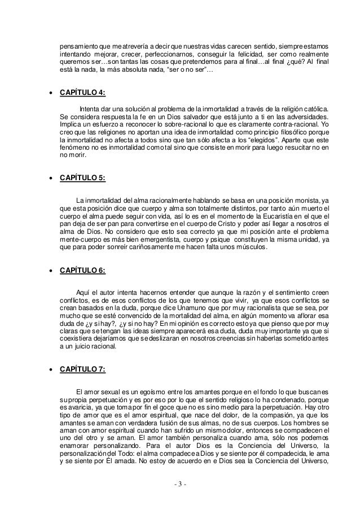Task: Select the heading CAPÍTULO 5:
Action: [82, 178]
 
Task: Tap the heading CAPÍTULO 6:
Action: [82, 270]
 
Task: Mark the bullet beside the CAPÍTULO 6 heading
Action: [51, 271]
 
